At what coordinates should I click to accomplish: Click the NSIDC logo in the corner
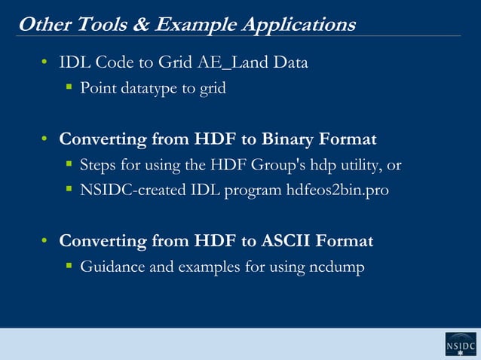point(460,343)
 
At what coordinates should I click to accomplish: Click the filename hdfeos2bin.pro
point(338,191)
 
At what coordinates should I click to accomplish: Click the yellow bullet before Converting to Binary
point(45,139)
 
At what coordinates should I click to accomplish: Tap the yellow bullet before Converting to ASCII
point(45,241)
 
